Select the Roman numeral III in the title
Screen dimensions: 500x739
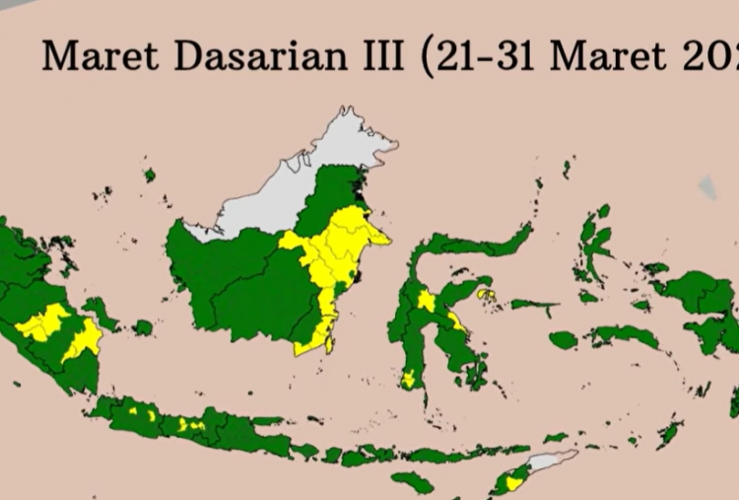(x=380, y=55)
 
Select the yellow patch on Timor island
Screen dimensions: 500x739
(x=513, y=482)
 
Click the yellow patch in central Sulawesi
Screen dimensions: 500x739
(x=426, y=300)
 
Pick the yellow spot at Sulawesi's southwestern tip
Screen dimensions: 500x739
(x=409, y=379)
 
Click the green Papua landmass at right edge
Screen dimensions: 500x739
(x=705, y=306)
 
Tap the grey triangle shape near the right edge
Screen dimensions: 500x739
(x=707, y=187)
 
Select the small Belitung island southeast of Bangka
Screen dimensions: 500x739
(x=143, y=326)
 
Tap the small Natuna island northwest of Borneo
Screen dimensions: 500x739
(x=150, y=175)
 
